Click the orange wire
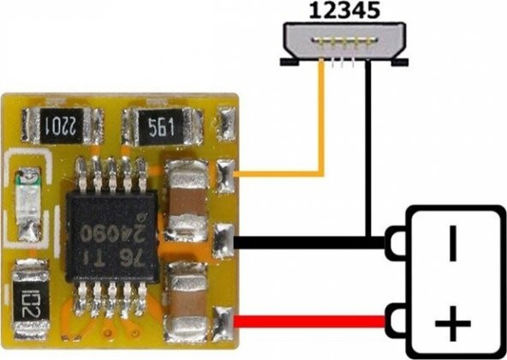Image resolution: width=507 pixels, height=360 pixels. (323, 129)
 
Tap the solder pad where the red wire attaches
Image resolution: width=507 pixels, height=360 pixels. (224, 321)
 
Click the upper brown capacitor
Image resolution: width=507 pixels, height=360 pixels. (184, 198)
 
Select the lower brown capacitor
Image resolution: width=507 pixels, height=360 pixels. (184, 296)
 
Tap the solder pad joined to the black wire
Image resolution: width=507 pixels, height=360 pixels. (224, 239)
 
